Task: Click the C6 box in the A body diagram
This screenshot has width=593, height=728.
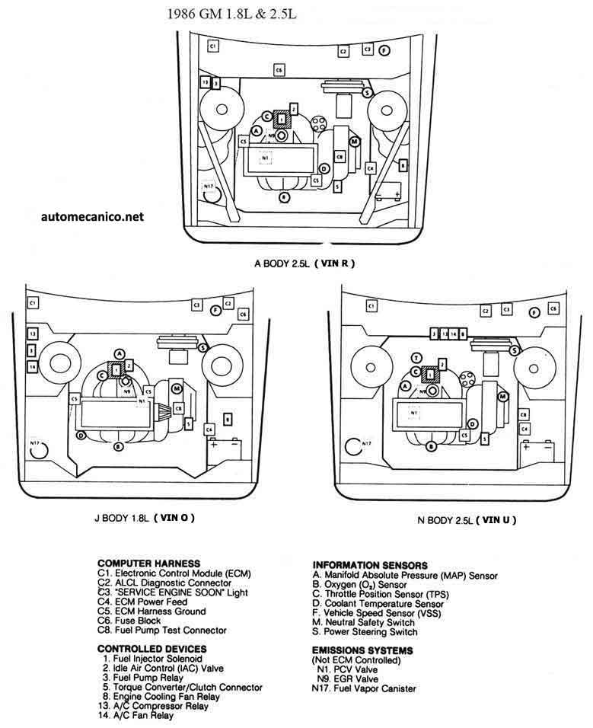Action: pyautogui.click(x=279, y=70)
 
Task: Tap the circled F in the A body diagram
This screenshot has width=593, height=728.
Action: pyautogui.click(x=384, y=50)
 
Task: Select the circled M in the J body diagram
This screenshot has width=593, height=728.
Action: pyautogui.click(x=176, y=389)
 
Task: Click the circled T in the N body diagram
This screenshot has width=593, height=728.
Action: pyautogui.click(x=416, y=358)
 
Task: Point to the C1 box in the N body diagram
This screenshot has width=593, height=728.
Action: pyautogui.click(x=371, y=305)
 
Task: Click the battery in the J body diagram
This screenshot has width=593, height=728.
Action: pyautogui.click(x=225, y=449)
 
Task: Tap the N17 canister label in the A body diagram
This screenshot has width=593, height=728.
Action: pyautogui.click(x=209, y=186)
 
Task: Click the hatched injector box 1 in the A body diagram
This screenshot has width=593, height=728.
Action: pyautogui.click(x=282, y=118)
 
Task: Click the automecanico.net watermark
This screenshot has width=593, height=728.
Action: pyautogui.click(x=93, y=216)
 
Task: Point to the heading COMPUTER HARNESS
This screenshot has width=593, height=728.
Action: pyautogui.click(x=149, y=563)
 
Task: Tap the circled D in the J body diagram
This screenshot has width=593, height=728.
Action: pyautogui.click(x=81, y=436)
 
